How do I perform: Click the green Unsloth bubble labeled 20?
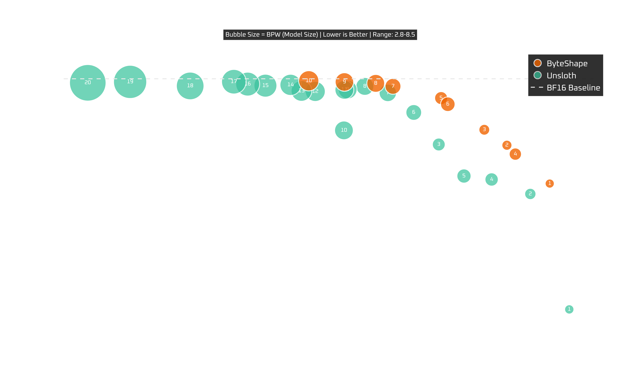click(88, 83)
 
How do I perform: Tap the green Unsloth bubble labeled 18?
click(190, 86)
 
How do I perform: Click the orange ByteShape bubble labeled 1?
click(550, 183)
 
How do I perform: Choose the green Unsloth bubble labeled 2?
click(530, 194)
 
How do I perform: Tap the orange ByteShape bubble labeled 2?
click(507, 145)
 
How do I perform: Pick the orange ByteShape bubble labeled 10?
click(309, 80)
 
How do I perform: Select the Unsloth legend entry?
click(561, 75)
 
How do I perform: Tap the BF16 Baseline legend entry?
click(573, 88)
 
